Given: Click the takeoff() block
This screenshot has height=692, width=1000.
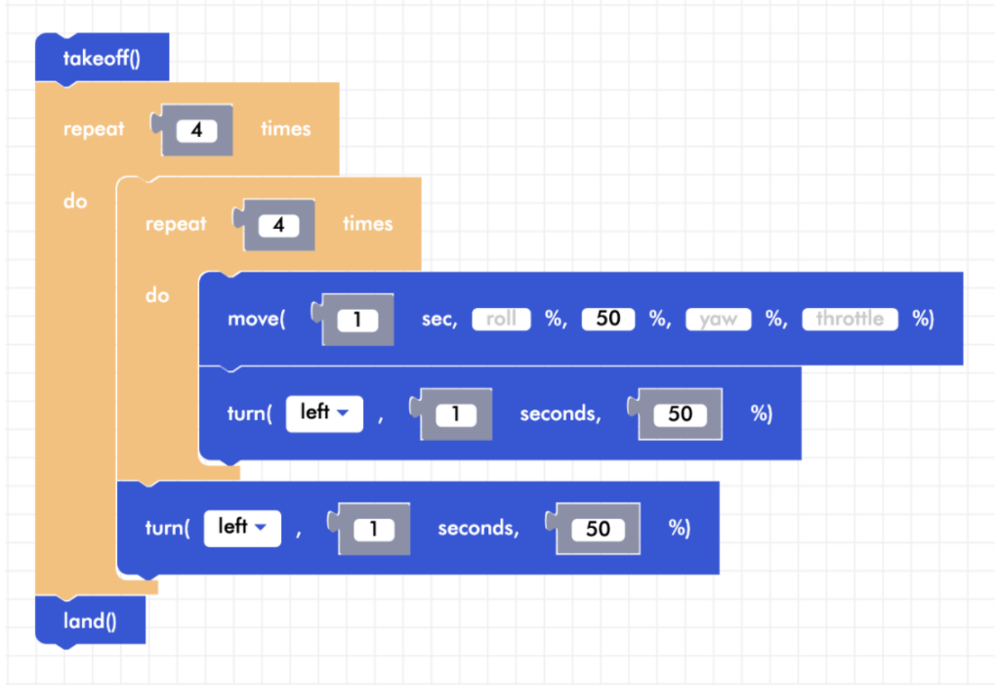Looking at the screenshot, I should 102,58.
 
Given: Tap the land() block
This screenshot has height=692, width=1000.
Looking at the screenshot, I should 90,622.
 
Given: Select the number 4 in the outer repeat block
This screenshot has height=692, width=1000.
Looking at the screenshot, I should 196,129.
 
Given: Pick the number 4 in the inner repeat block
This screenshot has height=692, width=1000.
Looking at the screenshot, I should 278,225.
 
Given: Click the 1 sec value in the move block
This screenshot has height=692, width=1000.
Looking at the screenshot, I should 357,320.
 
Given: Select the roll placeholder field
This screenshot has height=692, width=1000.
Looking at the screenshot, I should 501,320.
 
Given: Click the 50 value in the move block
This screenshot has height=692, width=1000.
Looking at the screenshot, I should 607,320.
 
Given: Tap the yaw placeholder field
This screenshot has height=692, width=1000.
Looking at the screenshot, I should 718,320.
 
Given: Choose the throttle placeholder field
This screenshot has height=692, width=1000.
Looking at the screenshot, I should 849,320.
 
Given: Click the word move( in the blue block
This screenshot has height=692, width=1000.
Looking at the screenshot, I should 256,320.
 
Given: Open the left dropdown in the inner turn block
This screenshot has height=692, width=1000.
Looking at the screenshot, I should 324,413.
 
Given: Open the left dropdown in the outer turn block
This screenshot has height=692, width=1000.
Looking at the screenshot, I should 242,528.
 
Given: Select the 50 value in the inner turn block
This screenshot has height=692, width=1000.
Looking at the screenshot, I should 680,414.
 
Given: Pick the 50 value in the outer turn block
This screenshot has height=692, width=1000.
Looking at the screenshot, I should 598,529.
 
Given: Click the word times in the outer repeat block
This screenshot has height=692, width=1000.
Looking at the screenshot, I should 285,129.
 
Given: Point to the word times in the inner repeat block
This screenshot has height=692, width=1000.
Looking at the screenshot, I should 367,224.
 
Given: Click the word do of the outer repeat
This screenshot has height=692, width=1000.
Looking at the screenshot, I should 75,202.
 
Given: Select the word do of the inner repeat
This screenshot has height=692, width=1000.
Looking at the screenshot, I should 157,295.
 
